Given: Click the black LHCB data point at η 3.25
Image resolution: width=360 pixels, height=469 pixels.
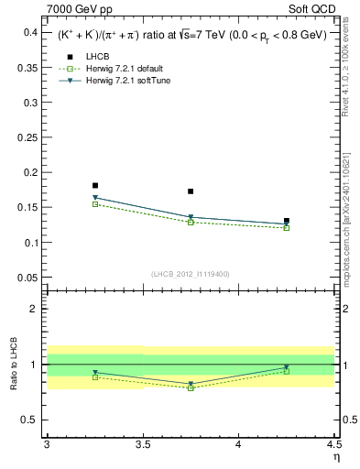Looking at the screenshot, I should [95, 185].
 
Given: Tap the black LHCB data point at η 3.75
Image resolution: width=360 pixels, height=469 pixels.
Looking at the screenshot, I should [191, 191].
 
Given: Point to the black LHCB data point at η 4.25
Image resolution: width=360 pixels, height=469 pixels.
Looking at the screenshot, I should [287, 221].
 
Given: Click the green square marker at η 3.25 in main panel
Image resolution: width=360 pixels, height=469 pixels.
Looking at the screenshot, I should [95, 204].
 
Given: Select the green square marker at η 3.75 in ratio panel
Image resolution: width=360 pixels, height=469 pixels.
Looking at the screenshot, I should [191, 388].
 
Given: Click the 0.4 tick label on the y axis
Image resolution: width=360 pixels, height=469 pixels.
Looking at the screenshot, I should [30, 32].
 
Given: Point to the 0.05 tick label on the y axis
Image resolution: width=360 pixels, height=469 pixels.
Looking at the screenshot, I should [27, 278].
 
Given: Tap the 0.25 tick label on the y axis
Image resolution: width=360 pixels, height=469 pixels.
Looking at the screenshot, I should [27, 137].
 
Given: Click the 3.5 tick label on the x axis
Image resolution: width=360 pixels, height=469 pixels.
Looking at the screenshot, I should [142, 446].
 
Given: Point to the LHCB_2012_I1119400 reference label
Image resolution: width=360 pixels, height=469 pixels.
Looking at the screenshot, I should [191, 274].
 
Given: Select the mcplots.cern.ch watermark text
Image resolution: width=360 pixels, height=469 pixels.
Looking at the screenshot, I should [350, 220].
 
